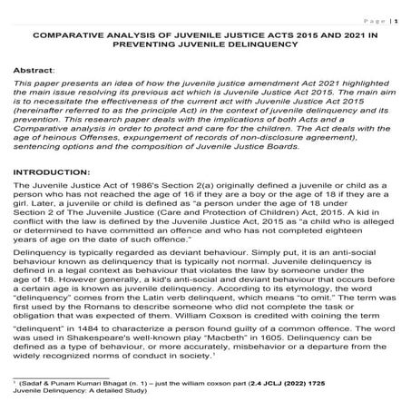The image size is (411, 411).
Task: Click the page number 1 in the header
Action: (395, 17)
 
